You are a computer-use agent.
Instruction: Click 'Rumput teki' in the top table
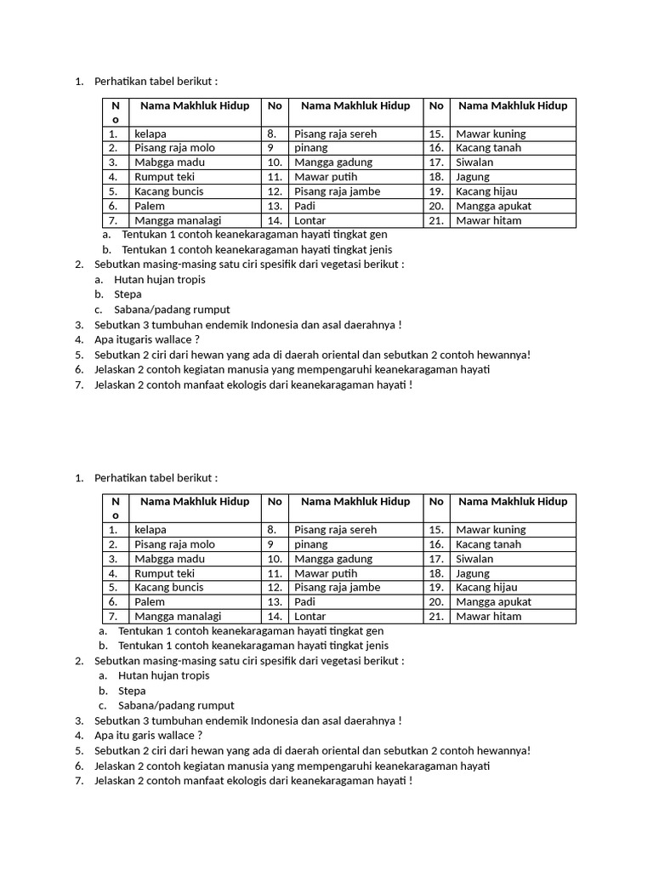pos(164,177)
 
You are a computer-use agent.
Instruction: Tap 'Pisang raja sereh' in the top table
pos(335,134)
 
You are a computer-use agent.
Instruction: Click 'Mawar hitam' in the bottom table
pos(489,616)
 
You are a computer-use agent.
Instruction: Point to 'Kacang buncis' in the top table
pos(168,191)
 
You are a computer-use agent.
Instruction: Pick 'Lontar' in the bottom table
pos(309,616)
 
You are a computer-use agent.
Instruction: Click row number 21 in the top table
pos(436,220)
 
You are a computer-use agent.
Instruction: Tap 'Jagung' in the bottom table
pos(473,573)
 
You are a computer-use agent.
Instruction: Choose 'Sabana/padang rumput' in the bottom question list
pos(176,705)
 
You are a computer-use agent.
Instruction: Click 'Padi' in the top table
pos(304,206)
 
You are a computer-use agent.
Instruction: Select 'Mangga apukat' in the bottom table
pos(493,601)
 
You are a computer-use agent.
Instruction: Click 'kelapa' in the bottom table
pos(150,530)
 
